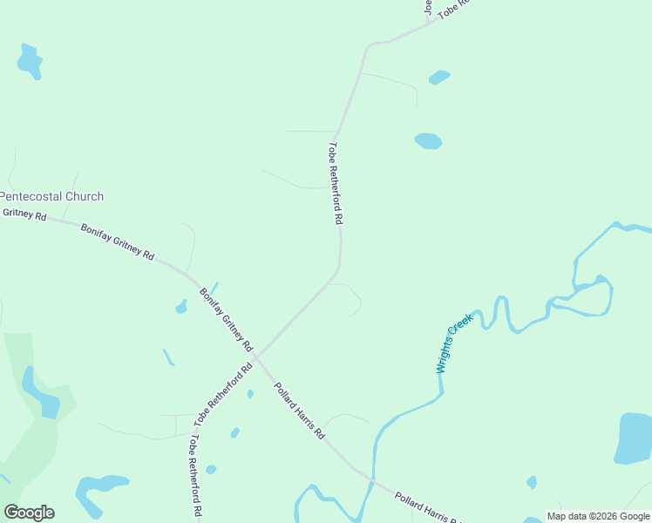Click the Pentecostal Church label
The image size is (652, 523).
52,197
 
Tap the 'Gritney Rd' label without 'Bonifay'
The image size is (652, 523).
24,214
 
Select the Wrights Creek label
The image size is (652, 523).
454,343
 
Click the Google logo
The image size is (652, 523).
29,513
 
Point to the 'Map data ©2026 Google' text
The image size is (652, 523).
598,516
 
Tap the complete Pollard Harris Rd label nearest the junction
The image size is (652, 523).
299,410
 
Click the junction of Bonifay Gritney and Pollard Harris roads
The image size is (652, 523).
256,357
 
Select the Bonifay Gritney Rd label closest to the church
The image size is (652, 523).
117,242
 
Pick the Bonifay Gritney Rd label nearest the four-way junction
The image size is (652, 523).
226,318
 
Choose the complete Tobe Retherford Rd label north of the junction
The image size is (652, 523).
336,184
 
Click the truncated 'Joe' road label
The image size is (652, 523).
428,8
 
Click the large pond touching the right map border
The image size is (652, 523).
634,438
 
